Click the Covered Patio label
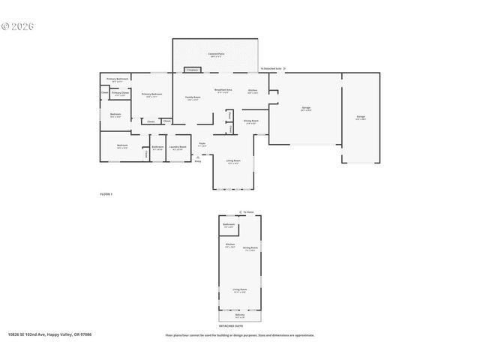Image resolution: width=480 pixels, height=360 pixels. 217,54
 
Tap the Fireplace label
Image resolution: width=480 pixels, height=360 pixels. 191,70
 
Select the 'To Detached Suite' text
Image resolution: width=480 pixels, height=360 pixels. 271,68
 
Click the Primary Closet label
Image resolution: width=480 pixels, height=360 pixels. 120,94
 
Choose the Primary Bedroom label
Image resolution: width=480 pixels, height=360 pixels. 151,94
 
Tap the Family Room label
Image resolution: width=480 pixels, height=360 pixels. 193,98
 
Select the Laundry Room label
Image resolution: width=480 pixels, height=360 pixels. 178,147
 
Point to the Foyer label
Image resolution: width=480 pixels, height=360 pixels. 202,144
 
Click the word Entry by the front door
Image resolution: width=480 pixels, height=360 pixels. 198,160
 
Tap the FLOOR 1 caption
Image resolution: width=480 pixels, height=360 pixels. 106,193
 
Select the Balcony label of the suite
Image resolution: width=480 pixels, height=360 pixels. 240,315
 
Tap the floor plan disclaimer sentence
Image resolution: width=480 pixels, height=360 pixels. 240,335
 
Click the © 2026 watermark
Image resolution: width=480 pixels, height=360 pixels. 17,27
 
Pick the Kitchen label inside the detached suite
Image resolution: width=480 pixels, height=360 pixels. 230,244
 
